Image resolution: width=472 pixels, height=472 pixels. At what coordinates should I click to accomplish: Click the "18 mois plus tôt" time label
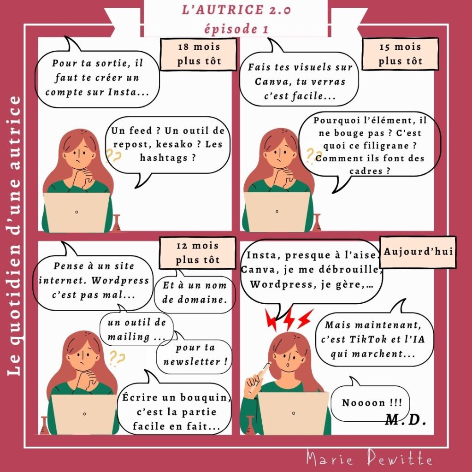click(x=198, y=54)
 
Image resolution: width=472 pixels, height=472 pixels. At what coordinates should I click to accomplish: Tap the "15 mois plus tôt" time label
click(x=400, y=54)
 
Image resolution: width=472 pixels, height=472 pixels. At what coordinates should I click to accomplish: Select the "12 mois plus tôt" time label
click(x=197, y=253)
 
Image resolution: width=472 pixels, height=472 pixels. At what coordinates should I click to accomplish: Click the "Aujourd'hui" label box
click(x=418, y=252)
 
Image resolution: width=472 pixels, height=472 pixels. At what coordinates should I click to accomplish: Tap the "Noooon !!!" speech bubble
click(x=371, y=402)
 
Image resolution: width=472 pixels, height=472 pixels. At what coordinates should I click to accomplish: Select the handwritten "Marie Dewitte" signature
click(x=370, y=459)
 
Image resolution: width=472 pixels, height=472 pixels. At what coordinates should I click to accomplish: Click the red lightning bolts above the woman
click(x=289, y=319)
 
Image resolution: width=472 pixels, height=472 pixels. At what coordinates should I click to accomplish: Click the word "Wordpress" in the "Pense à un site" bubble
click(x=120, y=281)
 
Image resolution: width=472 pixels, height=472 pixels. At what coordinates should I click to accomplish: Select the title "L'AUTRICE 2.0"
click(x=236, y=10)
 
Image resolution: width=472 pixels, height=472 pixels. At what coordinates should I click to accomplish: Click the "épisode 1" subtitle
click(x=236, y=29)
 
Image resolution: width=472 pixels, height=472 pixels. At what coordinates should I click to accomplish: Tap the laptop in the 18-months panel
click(x=77, y=212)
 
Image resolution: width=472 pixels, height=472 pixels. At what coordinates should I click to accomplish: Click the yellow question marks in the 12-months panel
click(x=117, y=358)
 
